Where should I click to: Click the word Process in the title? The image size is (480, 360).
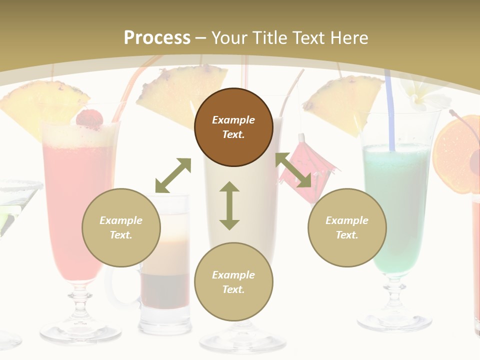157,38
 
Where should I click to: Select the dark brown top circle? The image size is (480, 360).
233,127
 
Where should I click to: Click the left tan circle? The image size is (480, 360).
121,227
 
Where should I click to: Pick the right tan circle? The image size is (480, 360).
347,227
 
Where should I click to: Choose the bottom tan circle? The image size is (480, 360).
233,282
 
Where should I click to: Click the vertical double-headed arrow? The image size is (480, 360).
229,205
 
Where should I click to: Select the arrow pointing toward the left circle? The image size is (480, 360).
173,175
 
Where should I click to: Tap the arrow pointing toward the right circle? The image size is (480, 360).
293,170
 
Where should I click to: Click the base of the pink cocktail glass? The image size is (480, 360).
80,329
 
